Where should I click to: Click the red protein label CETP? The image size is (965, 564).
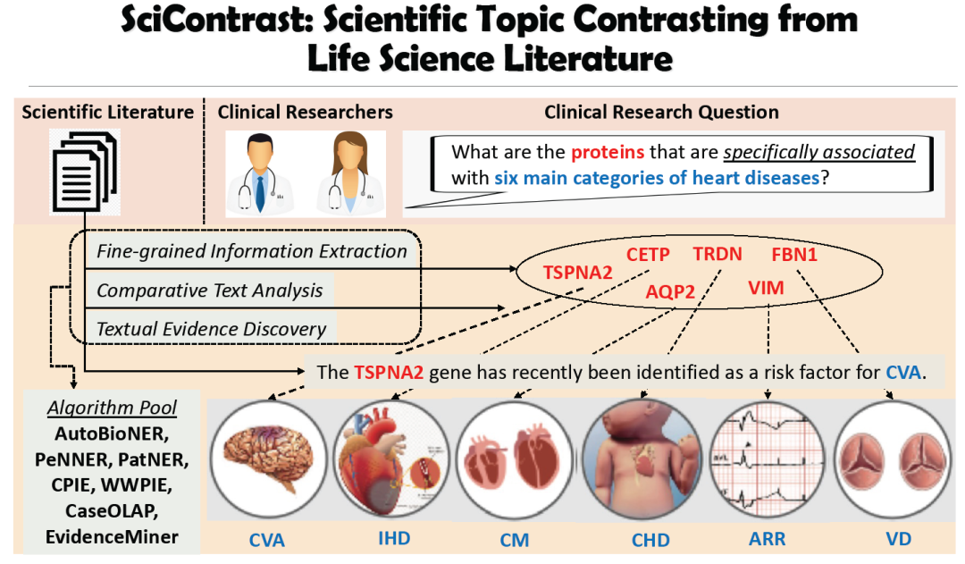(648, 255)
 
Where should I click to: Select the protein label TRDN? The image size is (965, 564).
(717, 254)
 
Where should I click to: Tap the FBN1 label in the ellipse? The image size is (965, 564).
(794, 254)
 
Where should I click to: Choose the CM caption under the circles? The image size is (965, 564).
(516, 541)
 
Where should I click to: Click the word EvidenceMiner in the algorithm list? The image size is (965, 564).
(113, 537)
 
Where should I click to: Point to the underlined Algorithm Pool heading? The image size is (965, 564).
(113, 408)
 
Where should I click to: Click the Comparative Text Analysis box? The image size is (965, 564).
(210, 290)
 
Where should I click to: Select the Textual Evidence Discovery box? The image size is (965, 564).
(212, 329)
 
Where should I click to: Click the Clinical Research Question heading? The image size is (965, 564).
(661, 113)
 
